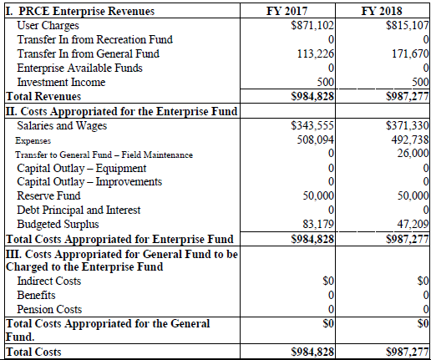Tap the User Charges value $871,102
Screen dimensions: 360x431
(x=312, y=26)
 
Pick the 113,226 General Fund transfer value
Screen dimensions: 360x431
(x=315, y=53)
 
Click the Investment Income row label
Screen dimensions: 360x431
(x=61, y=82)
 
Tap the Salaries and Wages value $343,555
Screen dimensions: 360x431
(x=312, y=125)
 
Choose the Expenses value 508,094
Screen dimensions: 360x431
(x=315, y=139)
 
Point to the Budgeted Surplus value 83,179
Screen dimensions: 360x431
(x=317, y=225)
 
